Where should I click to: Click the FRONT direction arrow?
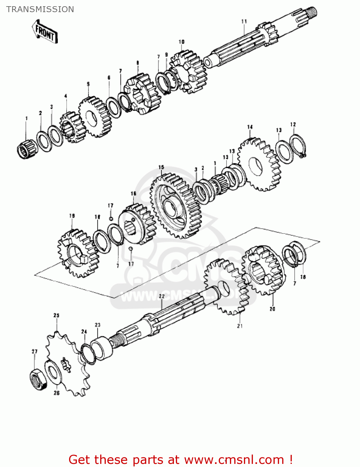45,32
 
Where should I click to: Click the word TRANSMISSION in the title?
40,9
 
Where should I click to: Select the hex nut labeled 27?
38,380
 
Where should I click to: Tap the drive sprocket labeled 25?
67,363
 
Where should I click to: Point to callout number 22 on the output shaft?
162,296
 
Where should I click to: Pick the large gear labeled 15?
176,205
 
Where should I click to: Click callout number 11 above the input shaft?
244,21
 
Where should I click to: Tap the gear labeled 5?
95,117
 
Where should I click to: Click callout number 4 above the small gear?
66,96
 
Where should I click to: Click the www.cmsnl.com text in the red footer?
234,460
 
